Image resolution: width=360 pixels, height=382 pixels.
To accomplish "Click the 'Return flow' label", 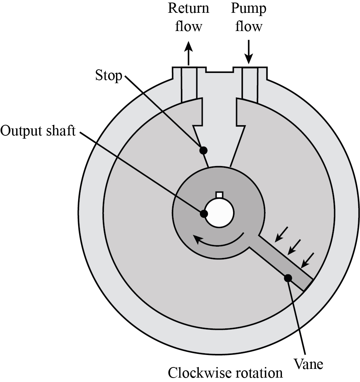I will click(188, 17).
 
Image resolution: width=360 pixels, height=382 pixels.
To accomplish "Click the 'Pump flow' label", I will click(248, 17).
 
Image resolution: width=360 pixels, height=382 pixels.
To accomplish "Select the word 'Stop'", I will click(108, 76).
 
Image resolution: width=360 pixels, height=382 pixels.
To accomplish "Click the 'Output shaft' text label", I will click(38, 131).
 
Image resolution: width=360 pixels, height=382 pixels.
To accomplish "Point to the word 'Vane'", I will click(308, 363).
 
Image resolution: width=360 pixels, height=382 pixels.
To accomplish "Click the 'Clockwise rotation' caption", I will click(225, 373).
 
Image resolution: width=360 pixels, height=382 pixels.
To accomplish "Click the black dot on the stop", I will click(204, 150).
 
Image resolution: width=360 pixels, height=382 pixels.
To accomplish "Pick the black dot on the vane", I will click(288, 278).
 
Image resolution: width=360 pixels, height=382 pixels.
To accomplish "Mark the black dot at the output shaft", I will click(203, 213).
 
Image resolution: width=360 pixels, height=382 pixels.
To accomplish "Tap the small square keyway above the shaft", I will click(219, 195).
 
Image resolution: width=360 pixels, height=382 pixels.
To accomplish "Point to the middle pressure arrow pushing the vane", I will click(294, 247).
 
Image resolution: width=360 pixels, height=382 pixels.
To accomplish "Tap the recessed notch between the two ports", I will click(219, 70).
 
